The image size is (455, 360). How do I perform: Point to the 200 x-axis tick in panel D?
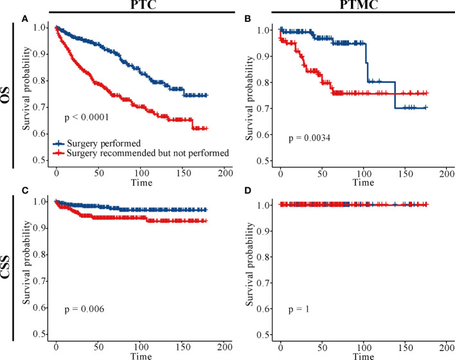coord(448,347)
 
